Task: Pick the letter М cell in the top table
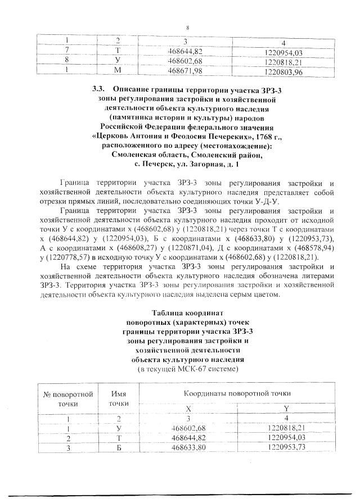tap(119, 71)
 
